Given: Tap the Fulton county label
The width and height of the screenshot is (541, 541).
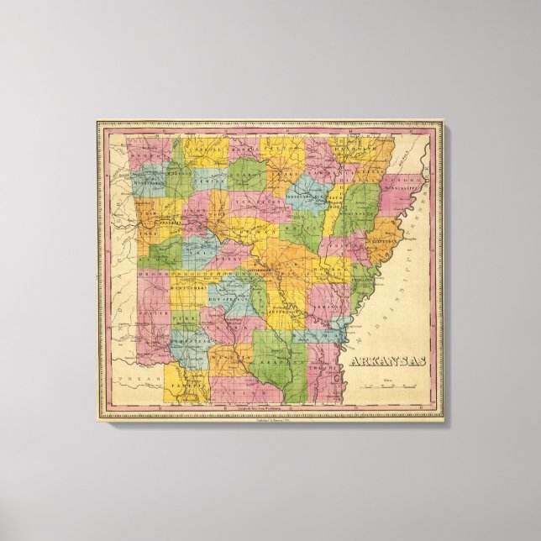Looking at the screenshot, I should click(289, 150).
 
